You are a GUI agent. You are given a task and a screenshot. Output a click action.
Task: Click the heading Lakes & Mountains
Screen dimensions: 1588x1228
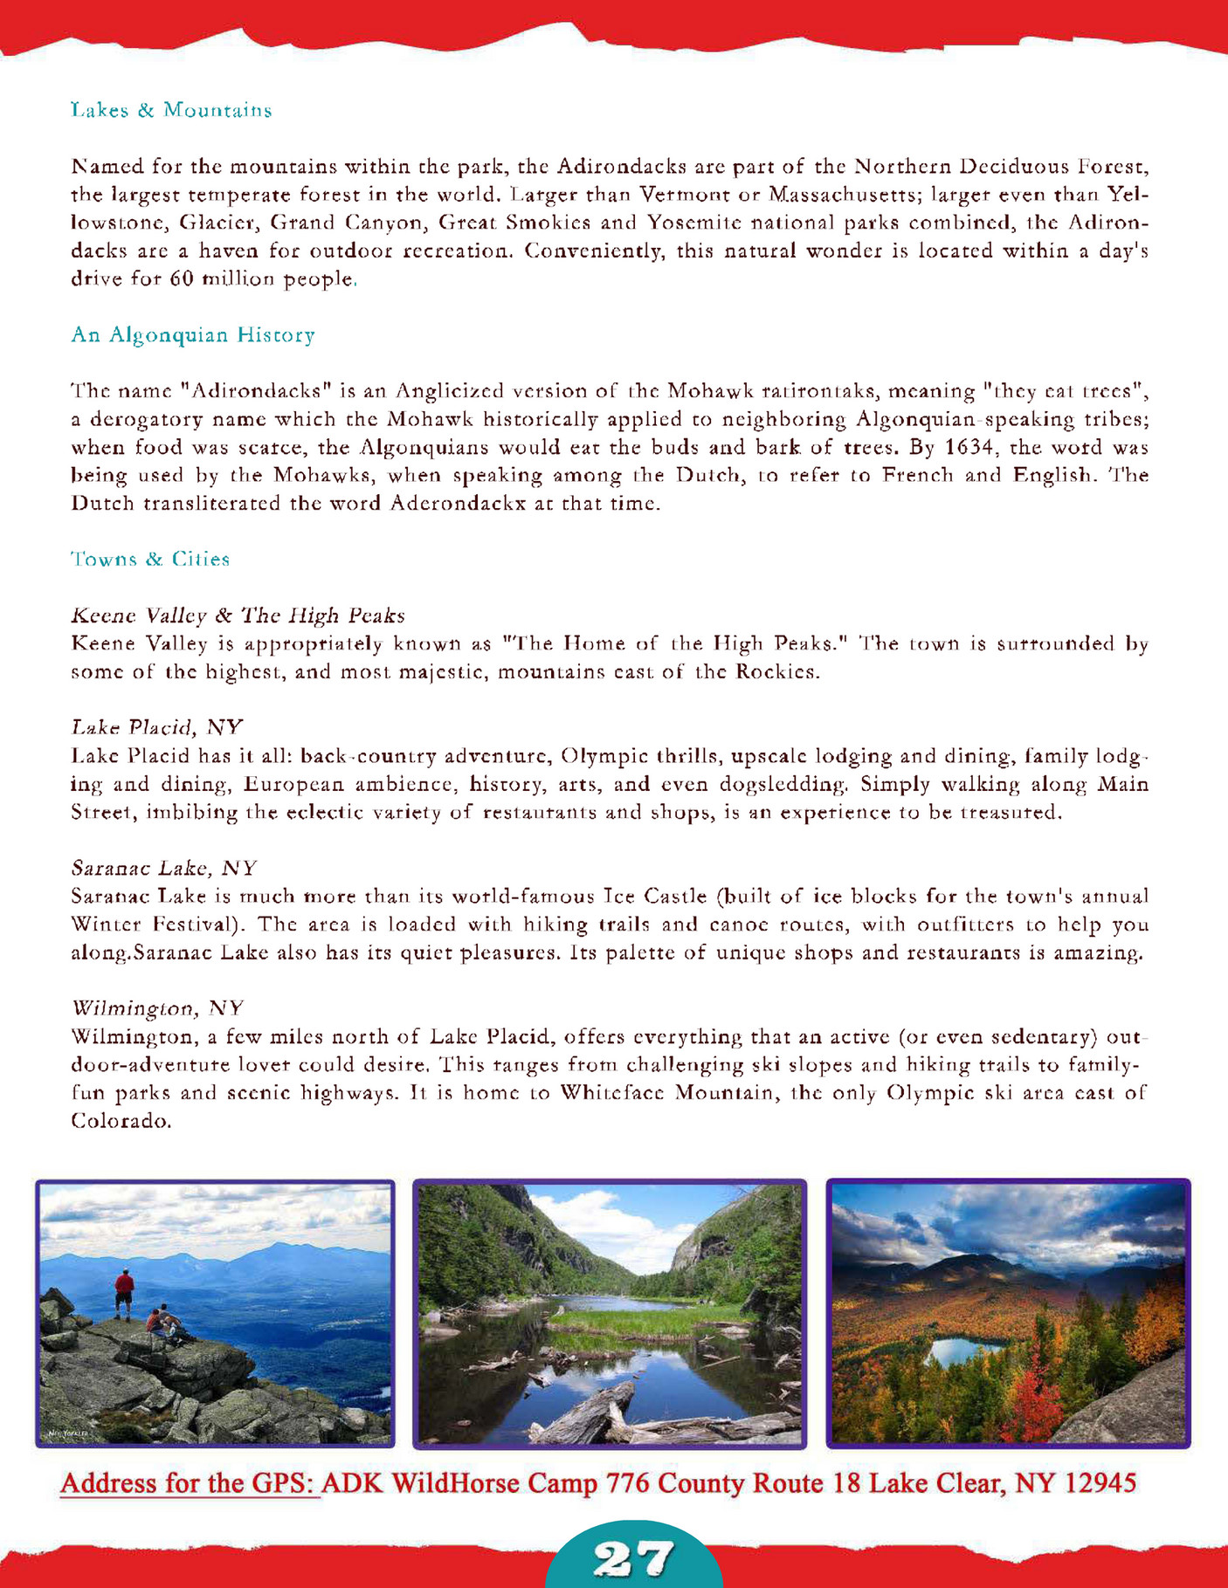(x=171, y=111)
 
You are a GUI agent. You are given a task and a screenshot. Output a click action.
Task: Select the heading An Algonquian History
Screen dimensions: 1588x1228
(x=192, y=335)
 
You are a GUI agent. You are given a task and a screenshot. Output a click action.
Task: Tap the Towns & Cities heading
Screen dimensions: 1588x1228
(x=150, y=560)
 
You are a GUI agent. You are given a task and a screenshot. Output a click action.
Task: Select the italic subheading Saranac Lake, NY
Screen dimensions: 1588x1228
(x=163, y=869)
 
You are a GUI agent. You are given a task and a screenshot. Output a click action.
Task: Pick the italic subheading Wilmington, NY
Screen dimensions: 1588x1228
(x=157, y=1009)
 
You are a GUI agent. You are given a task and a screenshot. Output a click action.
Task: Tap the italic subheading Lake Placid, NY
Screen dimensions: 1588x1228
(x=156, y=728)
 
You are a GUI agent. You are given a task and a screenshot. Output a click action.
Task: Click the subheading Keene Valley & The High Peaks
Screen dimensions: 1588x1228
(x=238, y=616)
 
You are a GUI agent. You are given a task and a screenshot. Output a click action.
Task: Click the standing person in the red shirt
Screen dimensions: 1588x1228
(x=125, y=1292)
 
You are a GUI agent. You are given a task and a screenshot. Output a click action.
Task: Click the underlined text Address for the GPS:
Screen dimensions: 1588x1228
(x=190, y=1483)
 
